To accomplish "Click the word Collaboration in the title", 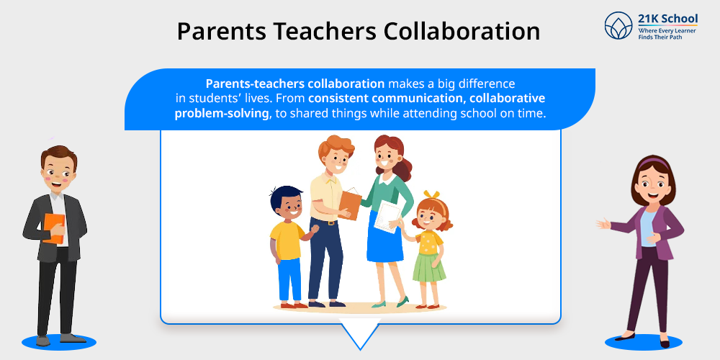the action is pos(462,31).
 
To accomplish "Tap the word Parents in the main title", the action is pos(221,31).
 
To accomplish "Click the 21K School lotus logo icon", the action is pos(618,25).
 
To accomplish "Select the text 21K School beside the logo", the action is pos(667,19).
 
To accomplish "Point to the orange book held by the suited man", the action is pos(54,228).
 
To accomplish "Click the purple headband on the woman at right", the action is pos(654,162).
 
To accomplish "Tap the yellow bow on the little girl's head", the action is pos(431,194).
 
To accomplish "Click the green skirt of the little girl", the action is pos(429,267).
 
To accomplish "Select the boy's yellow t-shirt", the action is pos(287,240).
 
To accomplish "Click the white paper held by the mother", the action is pos(387,217).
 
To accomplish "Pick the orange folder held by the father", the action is pos(351,204).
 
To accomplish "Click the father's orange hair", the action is pos(336,146).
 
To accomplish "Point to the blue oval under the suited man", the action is pos(59,341).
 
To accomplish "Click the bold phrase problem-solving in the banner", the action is pos(221,114).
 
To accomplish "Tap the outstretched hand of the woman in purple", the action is pos(603,224).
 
